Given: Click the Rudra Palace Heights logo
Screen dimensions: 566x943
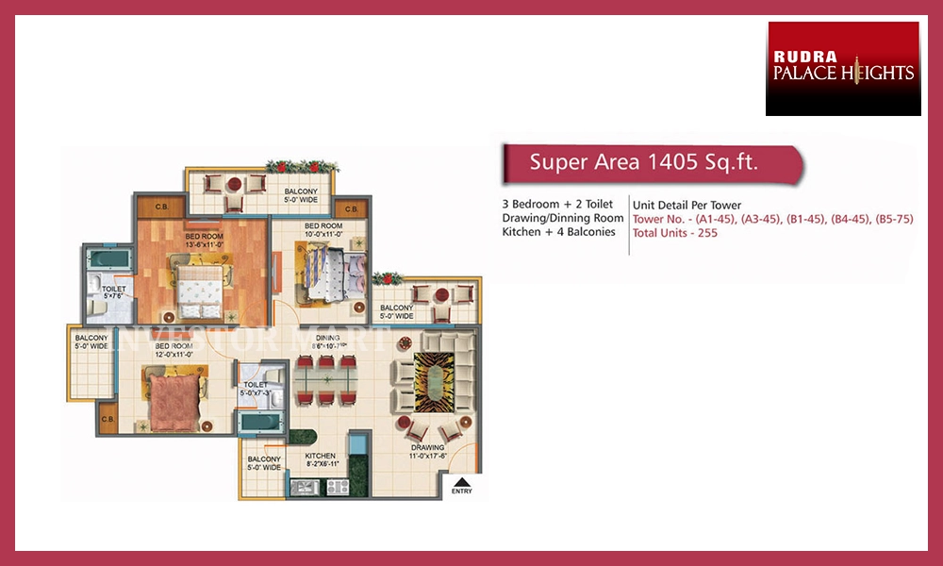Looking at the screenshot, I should [843, 69].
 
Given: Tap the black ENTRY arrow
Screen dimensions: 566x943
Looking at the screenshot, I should [462, 480].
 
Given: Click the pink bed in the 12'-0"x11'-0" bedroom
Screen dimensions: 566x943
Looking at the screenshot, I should [173, 396].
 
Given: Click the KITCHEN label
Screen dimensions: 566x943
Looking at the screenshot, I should [320, 457].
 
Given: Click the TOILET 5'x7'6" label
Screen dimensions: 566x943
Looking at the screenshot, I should [114, 291].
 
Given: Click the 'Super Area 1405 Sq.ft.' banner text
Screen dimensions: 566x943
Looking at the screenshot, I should [644, 162].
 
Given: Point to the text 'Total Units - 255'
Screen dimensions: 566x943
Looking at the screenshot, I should [675, 233].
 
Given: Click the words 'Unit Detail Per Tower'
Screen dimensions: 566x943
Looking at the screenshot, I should [687, 205].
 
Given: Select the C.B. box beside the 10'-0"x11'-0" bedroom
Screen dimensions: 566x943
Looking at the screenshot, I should [351, 208].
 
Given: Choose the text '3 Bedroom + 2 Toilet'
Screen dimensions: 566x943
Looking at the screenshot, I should [558, 205].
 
